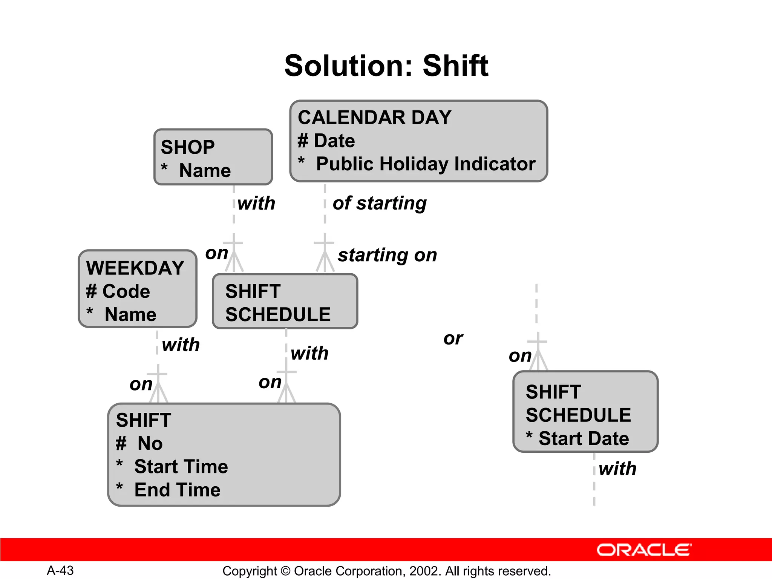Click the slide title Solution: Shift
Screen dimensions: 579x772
coord(386,66)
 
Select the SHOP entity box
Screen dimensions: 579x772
coord(213,157)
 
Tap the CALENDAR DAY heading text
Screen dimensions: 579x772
coord(374,117)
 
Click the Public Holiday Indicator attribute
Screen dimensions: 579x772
coord(425,164)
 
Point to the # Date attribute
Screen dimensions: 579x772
coord(326,141)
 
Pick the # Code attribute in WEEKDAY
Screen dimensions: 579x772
coord(118,291)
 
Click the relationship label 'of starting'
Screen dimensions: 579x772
coord(380,203)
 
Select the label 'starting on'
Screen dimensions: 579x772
coord(388,255)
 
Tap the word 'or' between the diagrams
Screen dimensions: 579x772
coord(453,338)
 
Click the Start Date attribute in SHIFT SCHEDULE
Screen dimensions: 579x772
coord(583,438)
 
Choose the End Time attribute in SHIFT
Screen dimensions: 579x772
coord(177,490)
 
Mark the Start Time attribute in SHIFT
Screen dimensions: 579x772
coord(181,467)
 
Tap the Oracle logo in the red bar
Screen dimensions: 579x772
coord(644,550)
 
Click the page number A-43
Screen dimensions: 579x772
coord(60,570)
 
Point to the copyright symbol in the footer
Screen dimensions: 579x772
coord(286,571)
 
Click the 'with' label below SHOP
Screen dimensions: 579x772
coord(256,203)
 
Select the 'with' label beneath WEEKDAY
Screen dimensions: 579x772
coord(181,345)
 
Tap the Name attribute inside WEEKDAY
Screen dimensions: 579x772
coord(130,314)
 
